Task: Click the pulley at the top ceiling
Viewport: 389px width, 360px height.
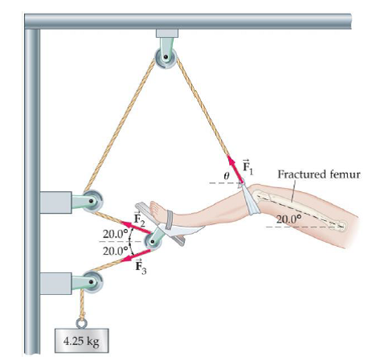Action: (166, 58)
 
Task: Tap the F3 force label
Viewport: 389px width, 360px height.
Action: (139, 264)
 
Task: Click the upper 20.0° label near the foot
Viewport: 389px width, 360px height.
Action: (115, 235)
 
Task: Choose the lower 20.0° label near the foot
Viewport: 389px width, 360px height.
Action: (115, 250)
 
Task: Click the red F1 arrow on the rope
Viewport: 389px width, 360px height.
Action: (233, 168)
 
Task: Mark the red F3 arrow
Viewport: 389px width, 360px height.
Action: (133, 254)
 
